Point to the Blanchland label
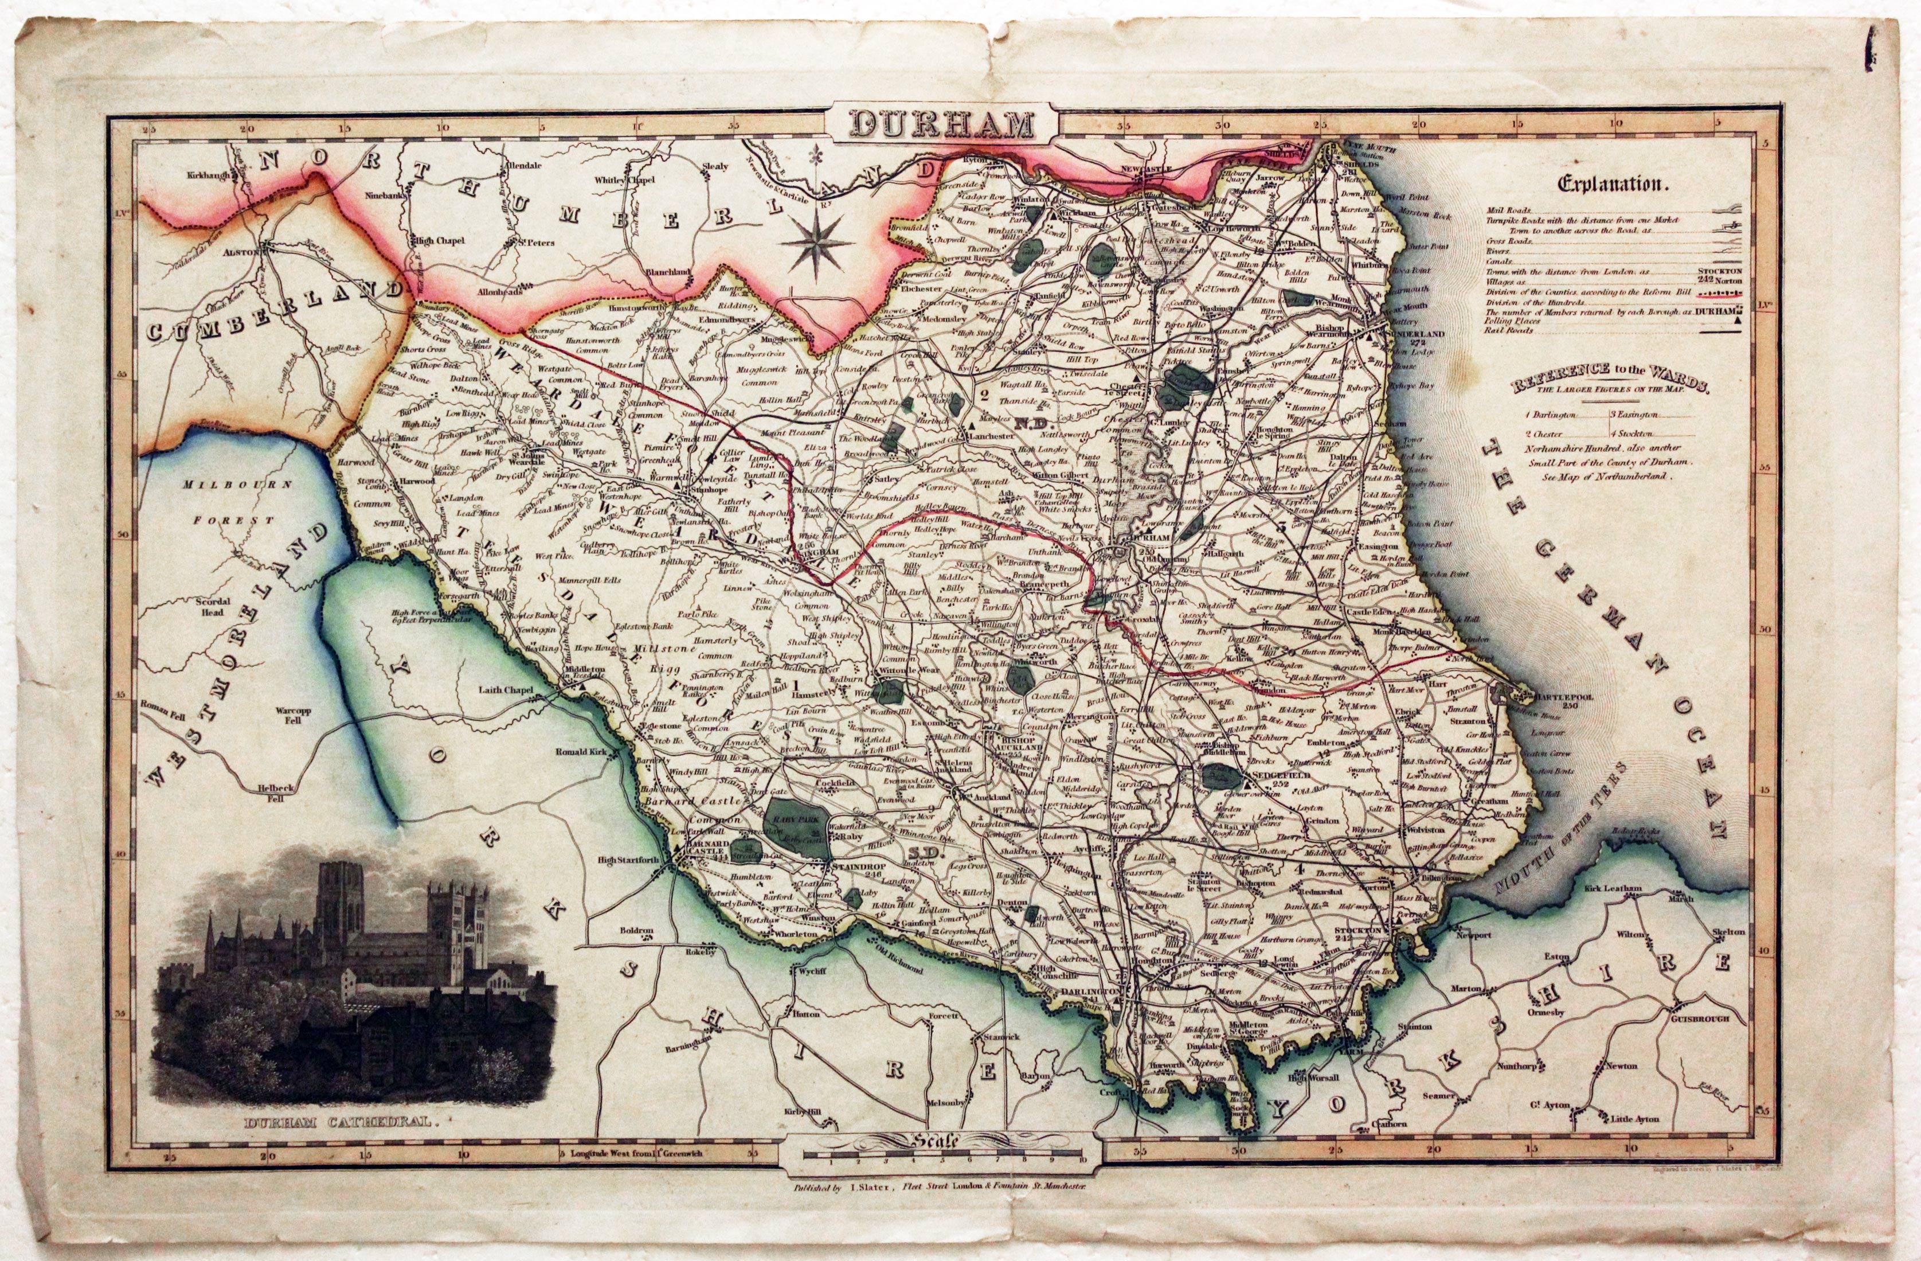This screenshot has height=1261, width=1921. tap(670, 272)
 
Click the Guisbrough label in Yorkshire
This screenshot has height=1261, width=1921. tap(1699, 1019)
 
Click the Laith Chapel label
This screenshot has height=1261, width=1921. tap(504, 690)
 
